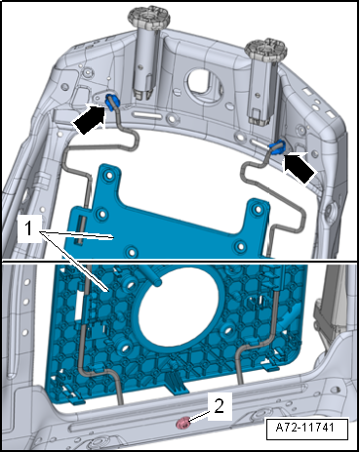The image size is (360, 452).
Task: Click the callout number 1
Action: [29, 228]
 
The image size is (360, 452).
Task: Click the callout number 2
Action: [220, 406]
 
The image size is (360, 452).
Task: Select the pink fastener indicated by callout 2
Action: [183, 424]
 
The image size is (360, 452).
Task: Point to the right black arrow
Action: [300, 168]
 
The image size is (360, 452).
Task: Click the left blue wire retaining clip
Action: [112, 102]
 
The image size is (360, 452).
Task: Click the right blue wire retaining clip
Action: [277, 147]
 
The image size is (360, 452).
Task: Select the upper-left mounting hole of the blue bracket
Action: [108, 176]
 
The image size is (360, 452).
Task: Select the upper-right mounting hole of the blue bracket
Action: [259, 209]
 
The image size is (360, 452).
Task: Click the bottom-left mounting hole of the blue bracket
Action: [132, 251]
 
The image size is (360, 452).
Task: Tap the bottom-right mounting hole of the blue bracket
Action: [241, 246]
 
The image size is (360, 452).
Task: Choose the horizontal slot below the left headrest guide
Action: [148, 115]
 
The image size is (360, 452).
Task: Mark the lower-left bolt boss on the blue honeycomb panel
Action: [125, 348]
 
